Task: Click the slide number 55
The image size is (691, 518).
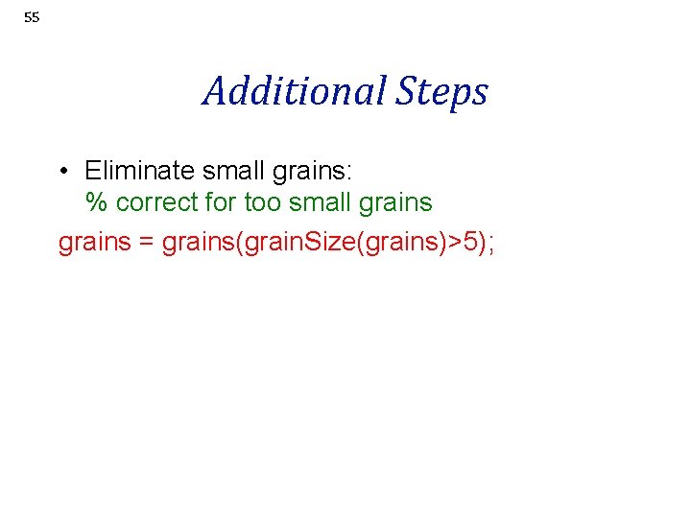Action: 32,17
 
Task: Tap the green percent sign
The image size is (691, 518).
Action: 96,203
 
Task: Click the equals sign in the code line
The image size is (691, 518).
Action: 146,243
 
